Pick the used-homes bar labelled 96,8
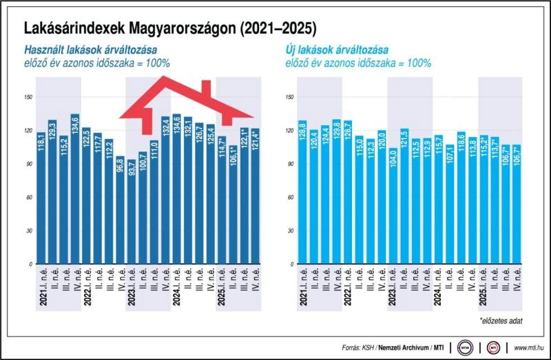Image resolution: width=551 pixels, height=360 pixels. point(120,210)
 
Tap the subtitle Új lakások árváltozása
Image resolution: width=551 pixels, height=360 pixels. point(335,50)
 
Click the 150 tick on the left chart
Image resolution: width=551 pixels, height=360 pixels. point(29,96)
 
